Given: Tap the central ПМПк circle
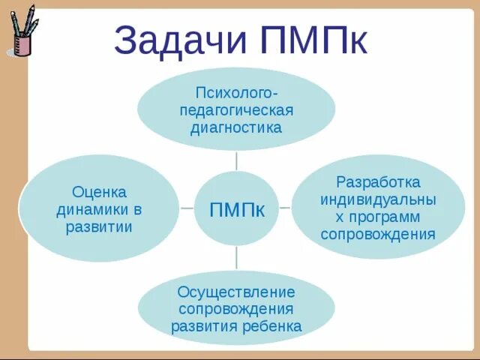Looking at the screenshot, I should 236,209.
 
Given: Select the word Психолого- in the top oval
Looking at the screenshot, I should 236,93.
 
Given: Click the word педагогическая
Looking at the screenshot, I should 236,110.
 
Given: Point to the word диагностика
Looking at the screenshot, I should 236,127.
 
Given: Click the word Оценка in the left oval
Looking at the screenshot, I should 99,192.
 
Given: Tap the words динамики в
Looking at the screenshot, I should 99,209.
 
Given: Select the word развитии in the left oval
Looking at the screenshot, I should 99,226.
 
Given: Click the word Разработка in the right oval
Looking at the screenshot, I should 378,183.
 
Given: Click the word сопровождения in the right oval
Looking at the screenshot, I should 378,234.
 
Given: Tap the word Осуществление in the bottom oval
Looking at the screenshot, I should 236,292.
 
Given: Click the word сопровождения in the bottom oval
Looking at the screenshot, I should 236,309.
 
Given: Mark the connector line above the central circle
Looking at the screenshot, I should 236,160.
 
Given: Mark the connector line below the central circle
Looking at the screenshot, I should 236,258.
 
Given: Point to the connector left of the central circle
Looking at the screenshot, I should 187,208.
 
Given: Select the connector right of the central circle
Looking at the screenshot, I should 285,207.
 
